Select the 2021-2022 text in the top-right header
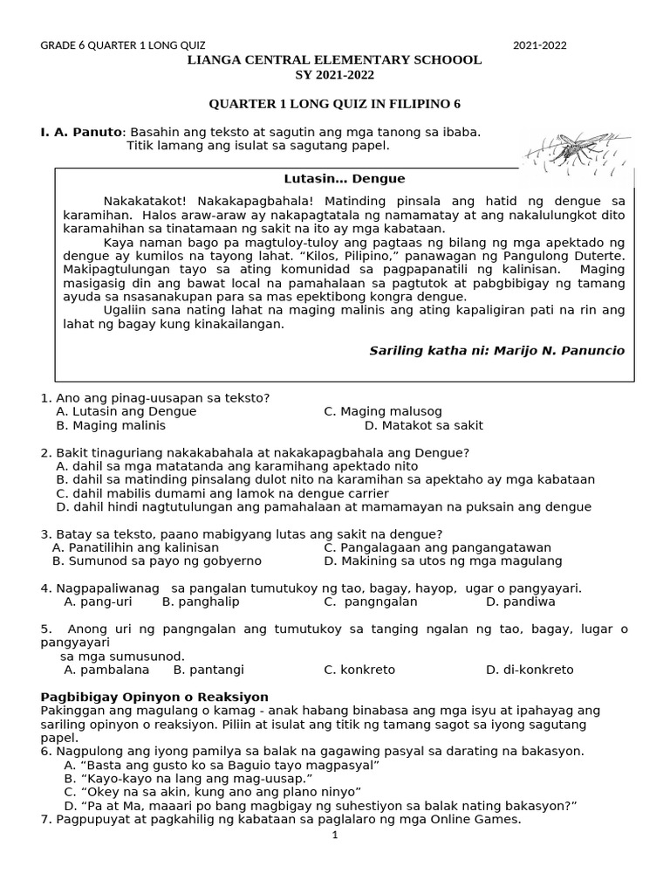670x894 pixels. coord(539,45)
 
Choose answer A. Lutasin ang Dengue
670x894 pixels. coord(126,411)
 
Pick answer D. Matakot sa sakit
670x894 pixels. coord(423,426)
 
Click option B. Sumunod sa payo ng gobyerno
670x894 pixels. coord(157,561)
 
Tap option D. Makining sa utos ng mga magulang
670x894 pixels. coord(442,561)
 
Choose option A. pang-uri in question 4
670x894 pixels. coord(98,602)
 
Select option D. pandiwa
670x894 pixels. coord(520,602)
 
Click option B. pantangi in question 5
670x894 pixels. coord(209,670)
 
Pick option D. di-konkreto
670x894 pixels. coord(530,670)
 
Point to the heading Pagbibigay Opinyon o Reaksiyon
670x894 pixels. coord(154,697)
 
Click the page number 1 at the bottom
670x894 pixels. coord(335,835)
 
